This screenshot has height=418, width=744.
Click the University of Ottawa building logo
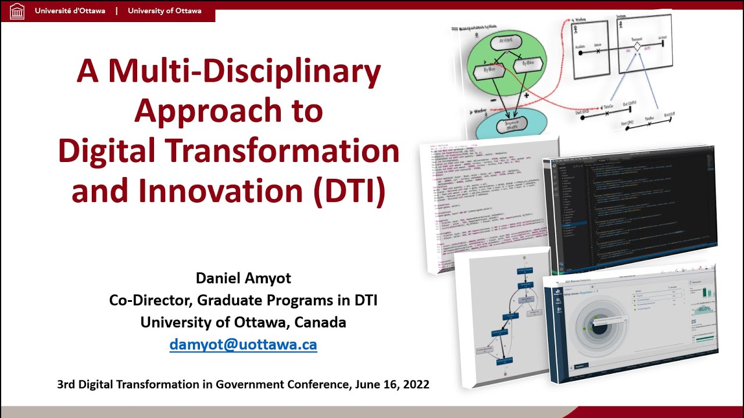pyautogui.click(x=17, y=11)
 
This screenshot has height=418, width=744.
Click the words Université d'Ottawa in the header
pyautogui.click(x=70, y=11)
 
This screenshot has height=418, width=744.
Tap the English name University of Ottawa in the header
pyautogui.click(x=164, y=11)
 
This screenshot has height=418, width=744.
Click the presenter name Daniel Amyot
pyautogui.click(x=244, y=278)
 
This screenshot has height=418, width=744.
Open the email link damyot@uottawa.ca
pyautogui.click(x=243, y=344)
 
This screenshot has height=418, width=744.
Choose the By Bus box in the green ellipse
pyautogui.click(x=486, y=71)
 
